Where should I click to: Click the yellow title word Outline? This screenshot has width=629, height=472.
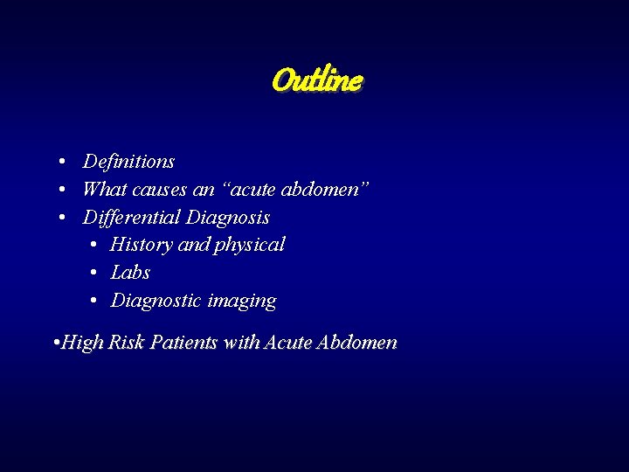click(x=317, y=80)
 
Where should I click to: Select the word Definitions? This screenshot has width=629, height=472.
click(x=128, y=162)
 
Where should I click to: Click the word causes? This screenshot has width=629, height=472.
click(x=159, y=190)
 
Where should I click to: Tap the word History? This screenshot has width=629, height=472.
click(x=141, y=245)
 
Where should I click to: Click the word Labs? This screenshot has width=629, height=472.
click(x=130, y=273)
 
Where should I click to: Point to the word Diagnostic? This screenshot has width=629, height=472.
click(x=156, y=302)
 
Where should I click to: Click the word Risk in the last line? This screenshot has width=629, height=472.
click(x=126, y=343)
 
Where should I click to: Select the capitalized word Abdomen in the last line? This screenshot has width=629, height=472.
click(x=358, y=343)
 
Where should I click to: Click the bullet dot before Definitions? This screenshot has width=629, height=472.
click(x=65, y=163)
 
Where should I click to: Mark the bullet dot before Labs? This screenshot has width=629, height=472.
click(x=93, y=274)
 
